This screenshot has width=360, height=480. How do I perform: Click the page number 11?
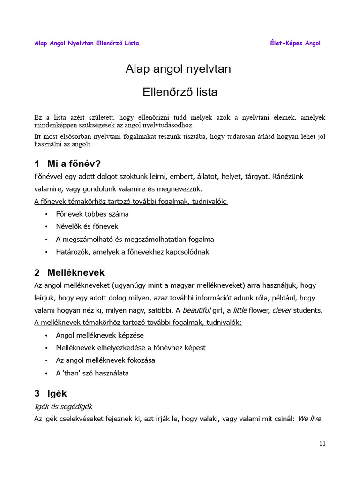322,443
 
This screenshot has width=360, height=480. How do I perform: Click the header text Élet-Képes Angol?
295,43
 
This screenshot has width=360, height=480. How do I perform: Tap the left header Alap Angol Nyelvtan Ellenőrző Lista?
87,43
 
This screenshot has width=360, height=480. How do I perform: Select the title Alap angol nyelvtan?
178,69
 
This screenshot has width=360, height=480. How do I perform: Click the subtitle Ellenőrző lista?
180,92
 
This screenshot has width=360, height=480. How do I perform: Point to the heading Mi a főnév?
74,164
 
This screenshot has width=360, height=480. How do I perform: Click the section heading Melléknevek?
76,272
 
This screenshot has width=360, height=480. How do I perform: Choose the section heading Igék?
57,393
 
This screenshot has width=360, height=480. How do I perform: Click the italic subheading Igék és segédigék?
66,406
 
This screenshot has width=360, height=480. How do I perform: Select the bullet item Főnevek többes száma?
92,214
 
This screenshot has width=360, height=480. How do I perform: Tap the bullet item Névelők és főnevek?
87,226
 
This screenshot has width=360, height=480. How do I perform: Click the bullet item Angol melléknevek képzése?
100,335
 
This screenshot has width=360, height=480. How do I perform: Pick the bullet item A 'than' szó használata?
92,373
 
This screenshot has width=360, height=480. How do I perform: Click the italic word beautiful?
197,310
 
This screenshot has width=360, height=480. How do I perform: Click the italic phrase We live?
309,419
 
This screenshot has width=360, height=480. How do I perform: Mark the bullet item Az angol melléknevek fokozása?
105,360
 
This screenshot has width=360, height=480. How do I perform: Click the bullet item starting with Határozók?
133,252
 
